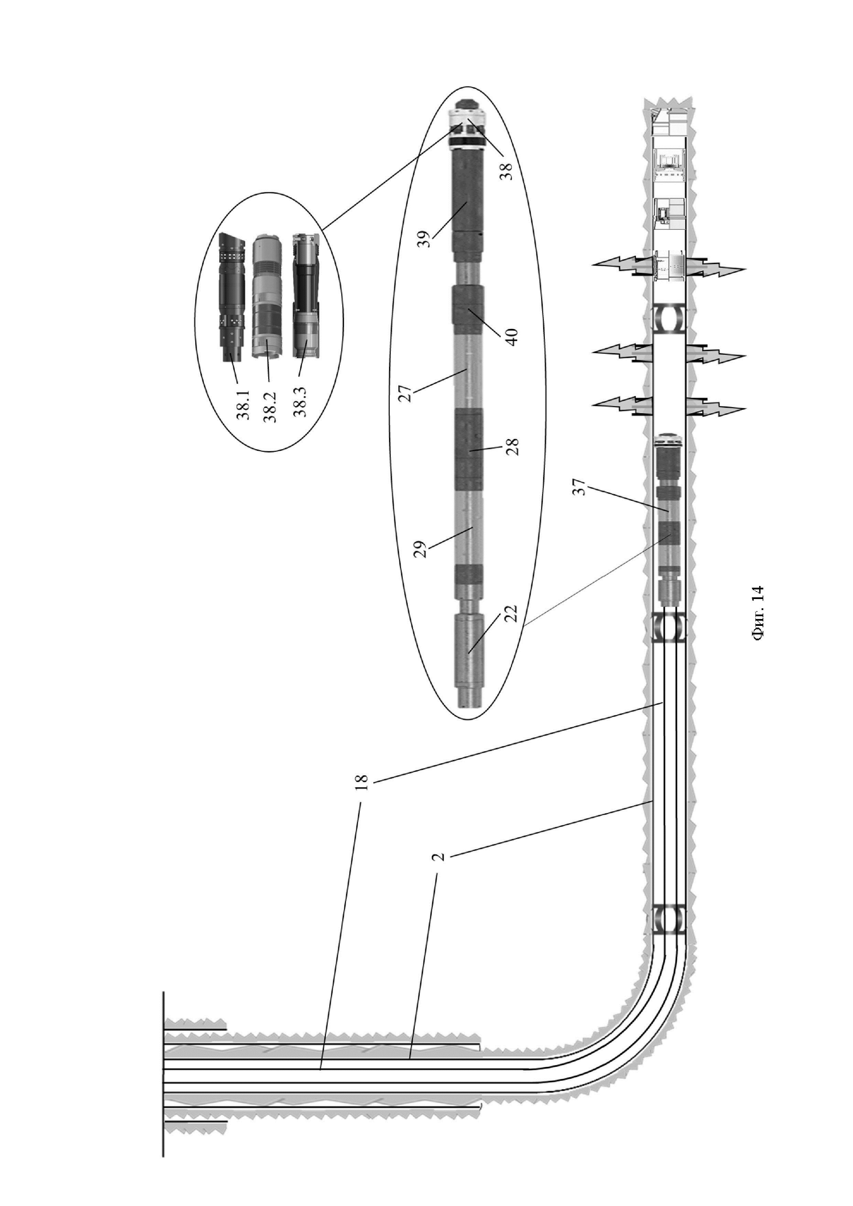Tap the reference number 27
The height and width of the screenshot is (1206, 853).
406,388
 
